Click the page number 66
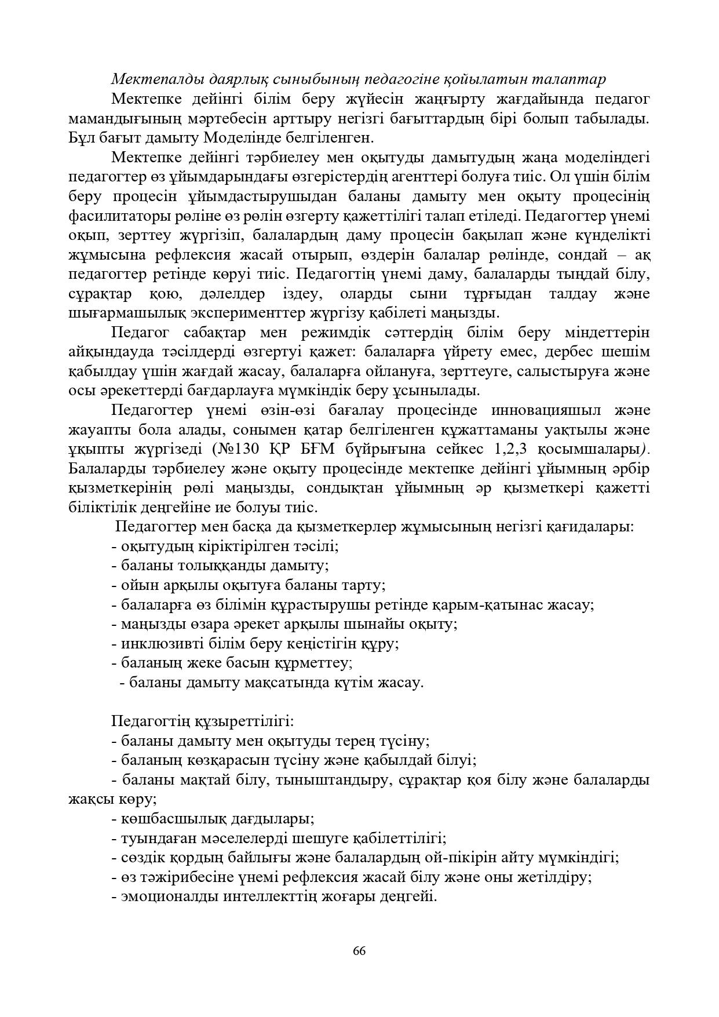point(359,950)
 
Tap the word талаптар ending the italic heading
point(569,79)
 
